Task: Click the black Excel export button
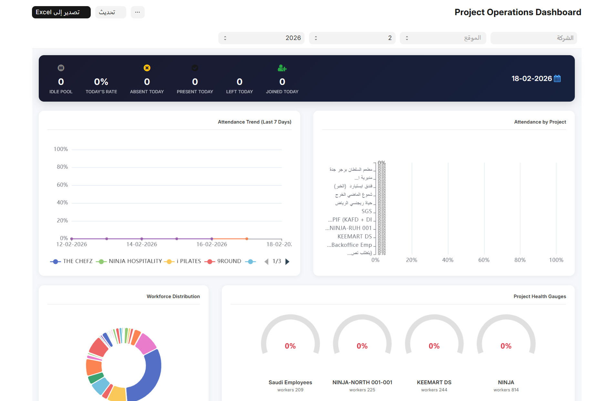61,12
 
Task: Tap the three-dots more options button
138,12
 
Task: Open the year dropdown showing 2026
261,38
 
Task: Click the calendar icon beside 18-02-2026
557,78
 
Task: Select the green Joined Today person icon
282,68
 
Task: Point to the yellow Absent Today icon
147,68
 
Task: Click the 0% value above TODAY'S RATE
101,82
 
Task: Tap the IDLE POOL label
61,92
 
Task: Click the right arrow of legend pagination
287,262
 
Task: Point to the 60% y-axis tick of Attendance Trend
62,185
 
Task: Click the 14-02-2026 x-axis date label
141,245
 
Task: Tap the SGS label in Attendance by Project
367,211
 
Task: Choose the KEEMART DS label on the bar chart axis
355,236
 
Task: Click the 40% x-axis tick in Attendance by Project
448,260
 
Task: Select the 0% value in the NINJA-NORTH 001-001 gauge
362,346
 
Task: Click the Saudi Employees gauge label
290,382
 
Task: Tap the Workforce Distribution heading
173,296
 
